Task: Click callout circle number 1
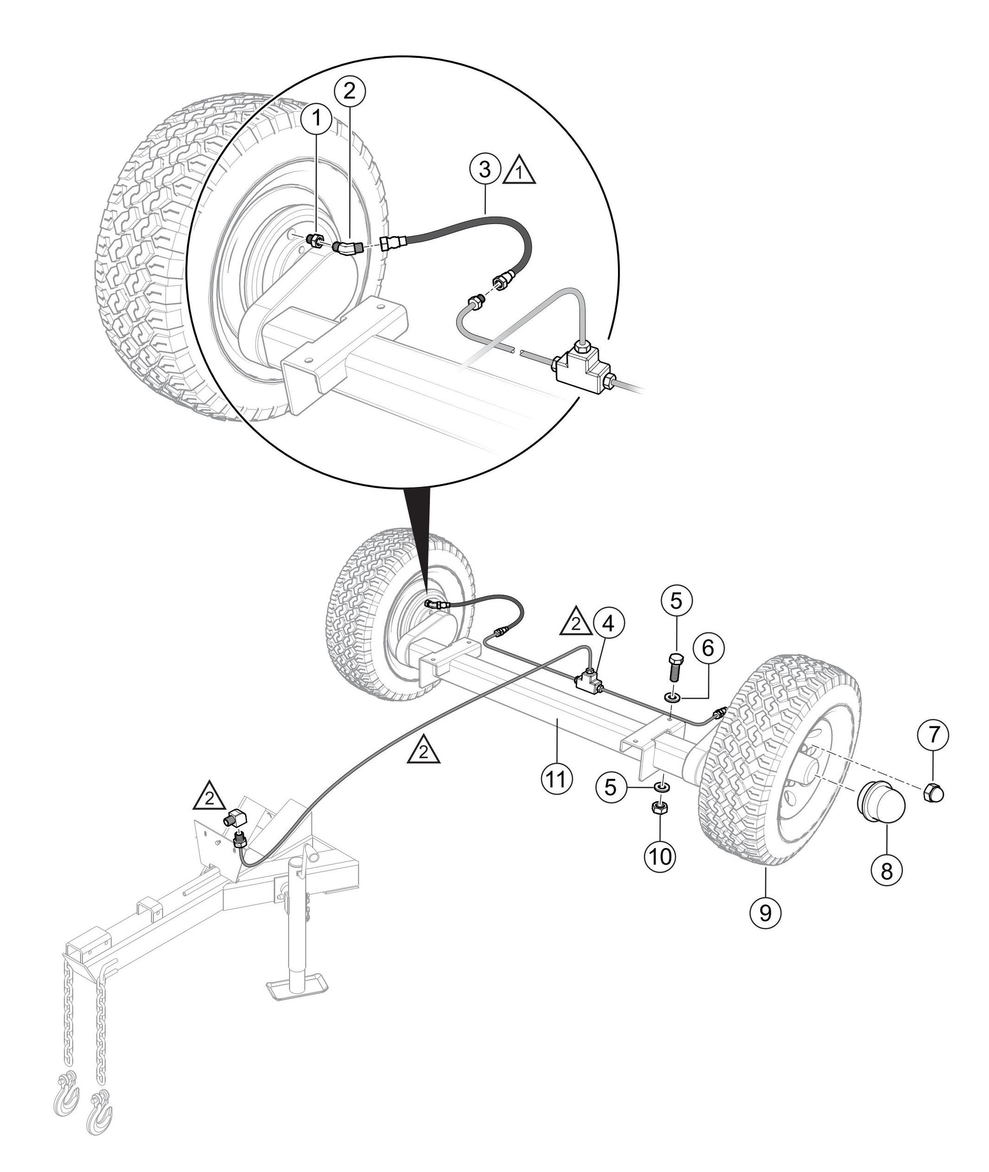[x=317, y=118]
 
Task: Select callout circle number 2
[x=349, y=91]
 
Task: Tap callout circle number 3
[x=485, y=169]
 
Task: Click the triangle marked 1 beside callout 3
[x=520, y=172]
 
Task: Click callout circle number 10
[x=661, y=857]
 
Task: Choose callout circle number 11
[x=555, y=778]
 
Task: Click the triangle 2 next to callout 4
[x=576, y=622]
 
